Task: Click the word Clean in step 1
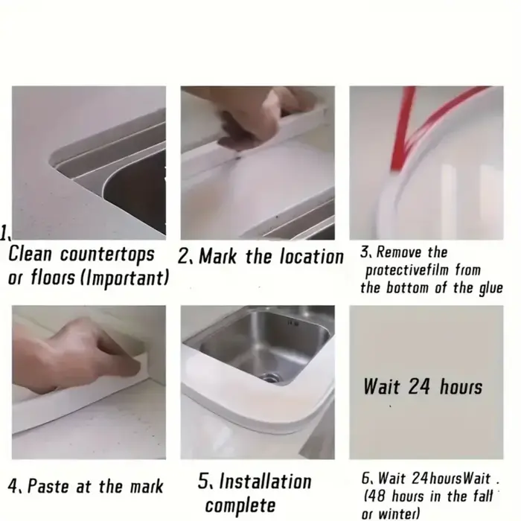(x=30, y=255)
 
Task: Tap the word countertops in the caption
(x=107, y=255)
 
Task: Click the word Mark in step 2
(x=217, y=257)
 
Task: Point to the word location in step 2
(x=312, y=257)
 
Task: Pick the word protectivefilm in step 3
(x=407, y=270)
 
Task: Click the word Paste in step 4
(x=49, y=487)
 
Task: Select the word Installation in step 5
(x=265, y=481)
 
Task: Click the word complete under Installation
(x=240, y=505)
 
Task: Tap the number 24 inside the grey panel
(x=419, y=386)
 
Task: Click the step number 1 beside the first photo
(x=4, y=232)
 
